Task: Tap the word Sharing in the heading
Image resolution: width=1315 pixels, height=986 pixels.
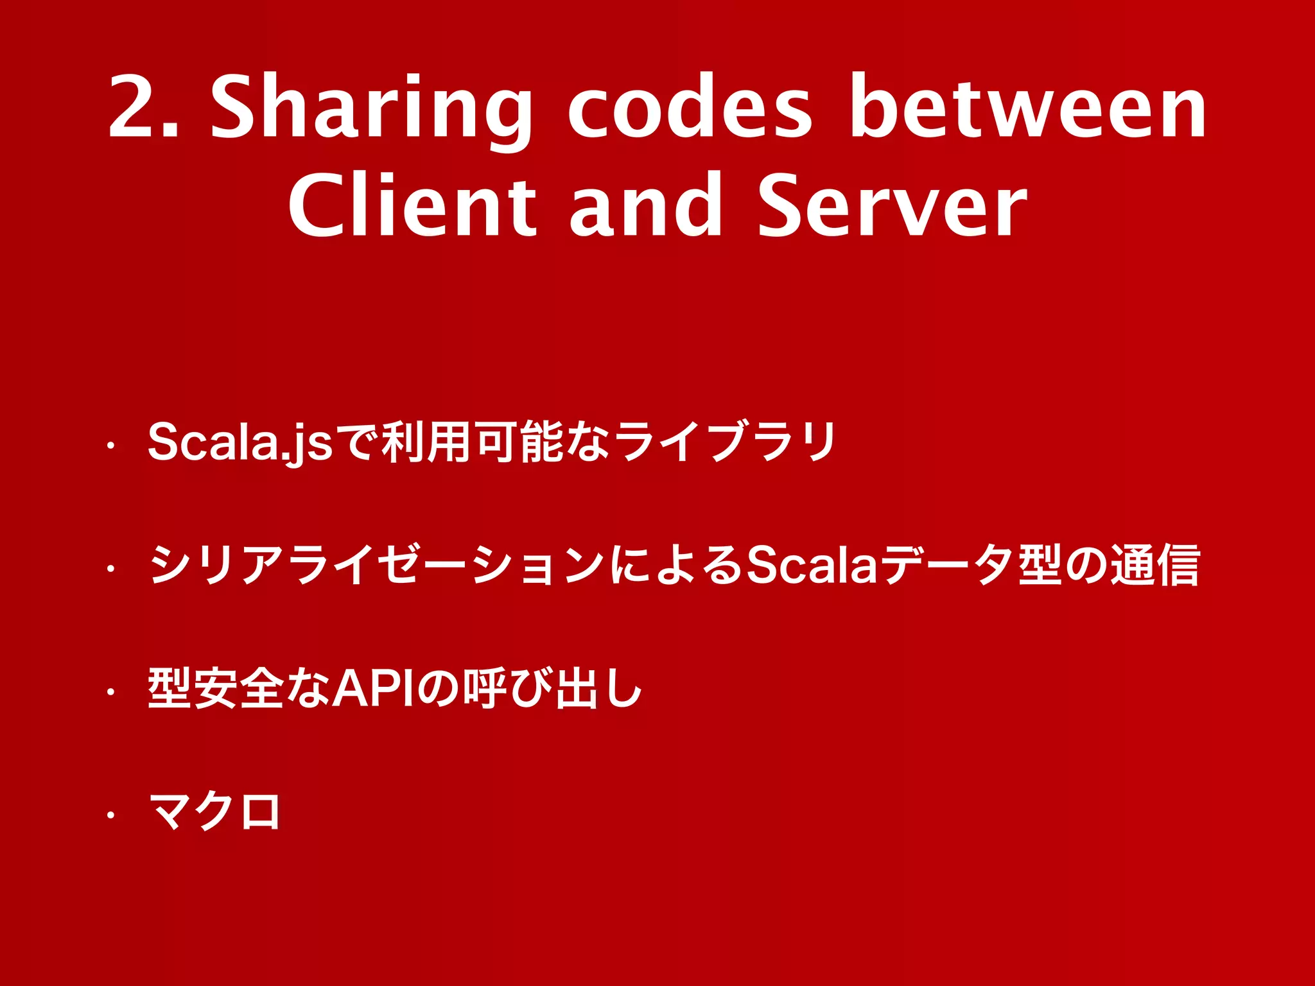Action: click(371, 109)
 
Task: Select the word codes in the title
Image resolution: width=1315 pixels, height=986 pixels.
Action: click(690, 108)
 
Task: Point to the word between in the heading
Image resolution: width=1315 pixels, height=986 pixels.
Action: click(1027, 108)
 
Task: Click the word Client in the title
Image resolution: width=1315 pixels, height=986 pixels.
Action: click(412, 205)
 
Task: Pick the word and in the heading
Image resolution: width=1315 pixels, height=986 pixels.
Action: click(646, 205)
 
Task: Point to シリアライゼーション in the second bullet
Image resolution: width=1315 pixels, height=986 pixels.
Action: click(376, 565)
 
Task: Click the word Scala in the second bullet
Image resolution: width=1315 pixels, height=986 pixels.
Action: click(813, 565)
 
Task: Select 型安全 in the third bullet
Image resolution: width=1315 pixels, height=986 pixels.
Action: click(216, 688)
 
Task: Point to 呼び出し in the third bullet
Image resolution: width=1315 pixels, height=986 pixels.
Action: click(553, 688)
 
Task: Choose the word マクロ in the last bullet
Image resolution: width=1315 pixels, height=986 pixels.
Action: click(214, 812)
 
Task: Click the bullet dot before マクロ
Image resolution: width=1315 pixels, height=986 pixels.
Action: click(110, 815)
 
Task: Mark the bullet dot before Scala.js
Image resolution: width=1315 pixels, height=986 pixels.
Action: click(110, 444)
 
